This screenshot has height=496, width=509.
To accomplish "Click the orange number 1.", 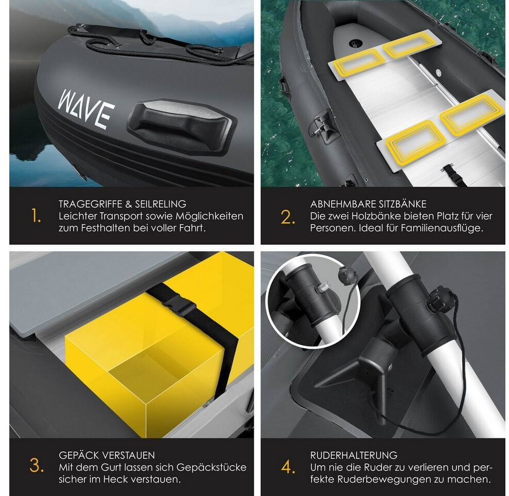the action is [x=36, y=216].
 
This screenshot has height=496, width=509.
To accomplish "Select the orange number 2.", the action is [x=288, y=217].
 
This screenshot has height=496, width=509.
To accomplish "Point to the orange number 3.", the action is [x=37, y=466].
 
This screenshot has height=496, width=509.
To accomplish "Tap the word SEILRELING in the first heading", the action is [x=161, y=204].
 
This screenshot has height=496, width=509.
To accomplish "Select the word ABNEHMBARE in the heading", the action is [x=338, y=204].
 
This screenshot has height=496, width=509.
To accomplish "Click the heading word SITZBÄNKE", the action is [x=398, y=204].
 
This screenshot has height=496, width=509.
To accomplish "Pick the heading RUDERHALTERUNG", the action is [x=353, y=455].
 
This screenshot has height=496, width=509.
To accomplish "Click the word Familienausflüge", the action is [x=442, y=228].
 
